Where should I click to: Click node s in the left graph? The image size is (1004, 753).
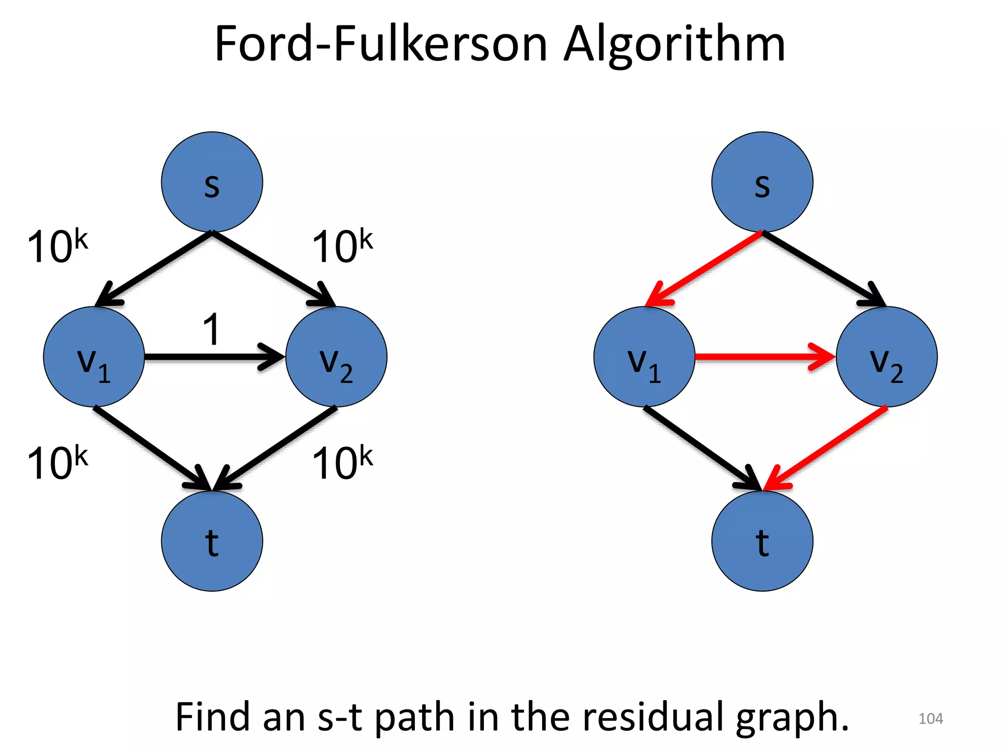tap(212, 182)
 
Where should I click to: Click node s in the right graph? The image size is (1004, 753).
tap(762, 182)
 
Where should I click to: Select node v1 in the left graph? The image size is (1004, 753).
tap(94, 357)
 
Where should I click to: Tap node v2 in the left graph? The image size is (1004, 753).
tap(336, 357)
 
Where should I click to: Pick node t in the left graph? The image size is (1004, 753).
tap(212, 541)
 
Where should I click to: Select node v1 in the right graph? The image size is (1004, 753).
tap(644, 357)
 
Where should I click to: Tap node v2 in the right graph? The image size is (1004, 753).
tap(886, 357)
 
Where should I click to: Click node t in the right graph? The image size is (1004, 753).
tap(762, 541)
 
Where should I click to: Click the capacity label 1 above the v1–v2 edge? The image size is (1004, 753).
tap(212, 329)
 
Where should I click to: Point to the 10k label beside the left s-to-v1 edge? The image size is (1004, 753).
tap(57, 246)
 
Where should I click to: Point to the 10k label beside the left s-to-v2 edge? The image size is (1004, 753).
tap(342, 246)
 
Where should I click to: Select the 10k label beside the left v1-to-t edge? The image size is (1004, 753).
tap(57, 462)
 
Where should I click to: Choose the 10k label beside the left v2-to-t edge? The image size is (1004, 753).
tap(342, 462)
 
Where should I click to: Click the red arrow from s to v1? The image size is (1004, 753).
tap(703, 268)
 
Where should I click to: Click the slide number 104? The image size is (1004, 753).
tap(930, 719)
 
